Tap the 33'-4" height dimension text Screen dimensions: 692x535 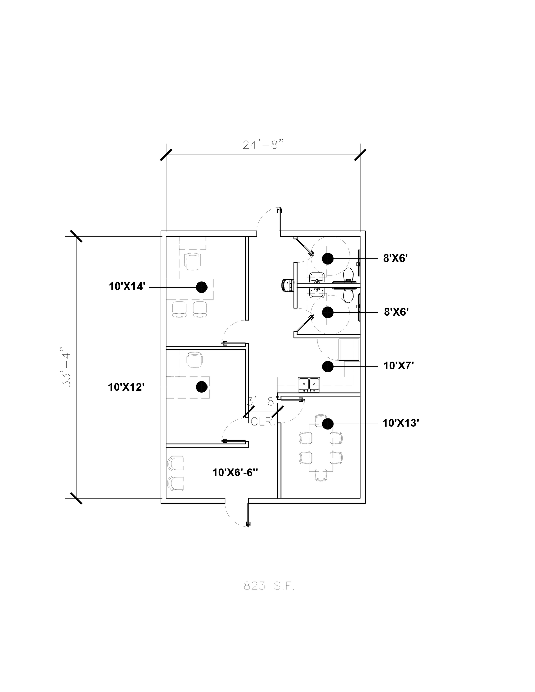(66, 367)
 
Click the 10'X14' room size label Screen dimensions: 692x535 (127, 287)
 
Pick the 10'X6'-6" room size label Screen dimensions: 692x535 (235, 472)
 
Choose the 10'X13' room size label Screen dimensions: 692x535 (401, 423)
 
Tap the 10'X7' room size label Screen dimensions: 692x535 (399, 366)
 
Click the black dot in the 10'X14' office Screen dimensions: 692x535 (202, 287)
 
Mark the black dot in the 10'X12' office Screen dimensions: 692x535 (202, 387)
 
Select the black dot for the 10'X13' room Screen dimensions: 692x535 (327, 424)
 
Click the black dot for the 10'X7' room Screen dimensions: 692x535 (327, 366)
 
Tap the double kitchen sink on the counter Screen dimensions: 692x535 (309, 385)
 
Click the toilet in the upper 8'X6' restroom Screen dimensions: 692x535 (348, 275)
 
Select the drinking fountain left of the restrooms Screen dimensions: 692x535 (288, 285)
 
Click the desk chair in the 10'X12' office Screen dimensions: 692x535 (195, 360)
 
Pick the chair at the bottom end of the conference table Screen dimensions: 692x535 (321, 474)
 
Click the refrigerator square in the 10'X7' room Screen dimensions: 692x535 (349, 349)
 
